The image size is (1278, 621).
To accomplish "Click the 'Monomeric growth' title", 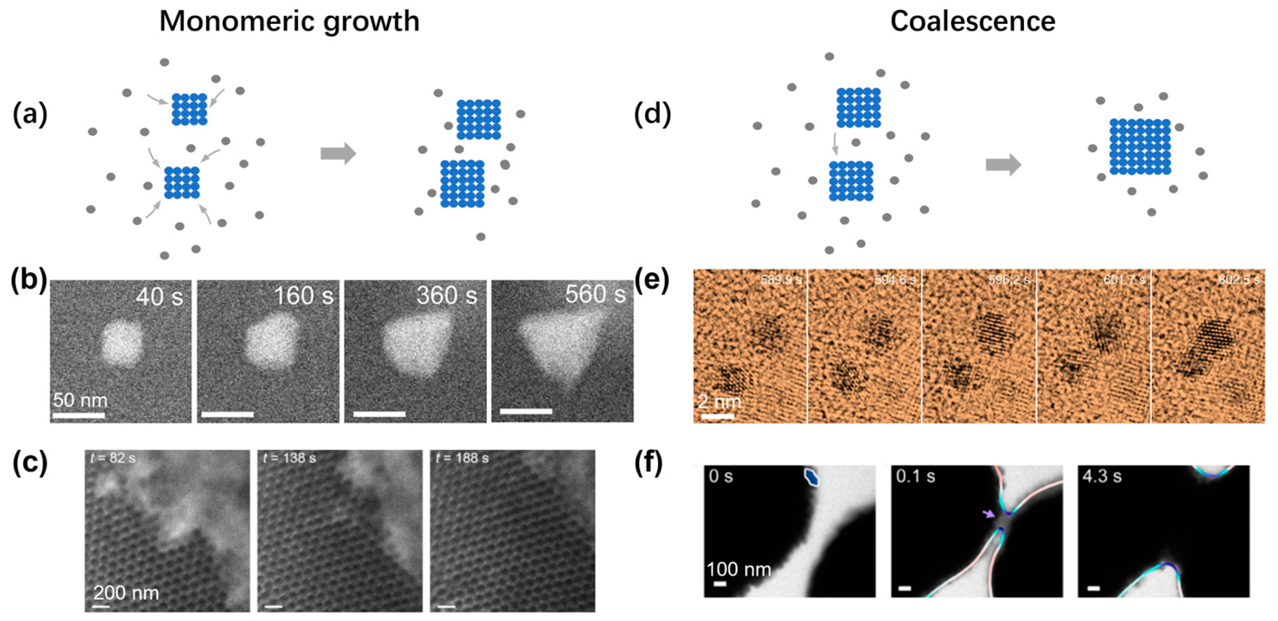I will [289, 22].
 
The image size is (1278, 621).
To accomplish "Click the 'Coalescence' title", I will [972, 22].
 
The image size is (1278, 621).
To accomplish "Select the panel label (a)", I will [30, 114].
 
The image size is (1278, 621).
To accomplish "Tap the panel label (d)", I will [652, 114].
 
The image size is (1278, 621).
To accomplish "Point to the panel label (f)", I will [649, 464].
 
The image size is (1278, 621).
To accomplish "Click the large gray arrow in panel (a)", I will [338, 153].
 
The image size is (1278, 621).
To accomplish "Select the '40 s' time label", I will [159, 297].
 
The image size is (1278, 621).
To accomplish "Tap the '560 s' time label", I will [595, 295].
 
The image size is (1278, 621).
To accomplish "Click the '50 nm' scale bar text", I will [80, 400].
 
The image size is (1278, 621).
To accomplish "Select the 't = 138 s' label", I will [289, 458].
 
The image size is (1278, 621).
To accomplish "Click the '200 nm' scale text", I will [127, 593].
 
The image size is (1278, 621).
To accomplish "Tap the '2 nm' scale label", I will [719, 401].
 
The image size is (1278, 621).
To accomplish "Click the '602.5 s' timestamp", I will [1238, 280].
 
